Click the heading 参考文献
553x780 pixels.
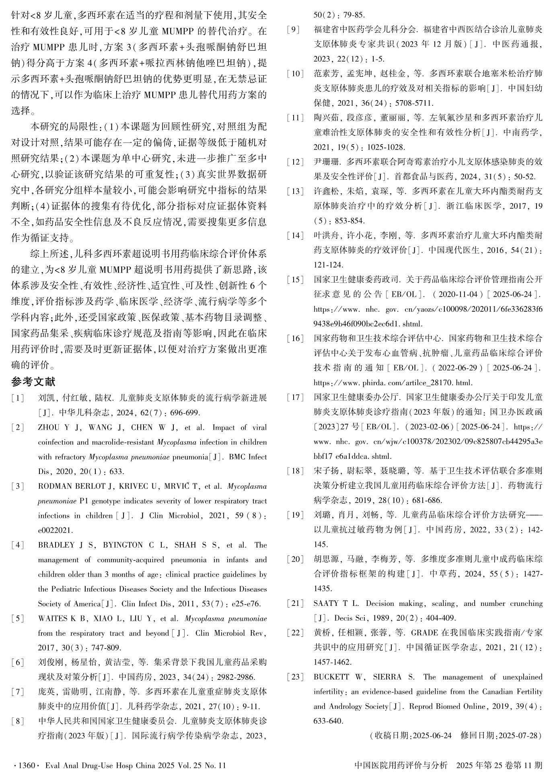33,382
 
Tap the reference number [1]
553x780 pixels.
18,398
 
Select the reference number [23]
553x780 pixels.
295,677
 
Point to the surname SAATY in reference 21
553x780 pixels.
326,603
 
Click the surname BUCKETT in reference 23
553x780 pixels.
331,677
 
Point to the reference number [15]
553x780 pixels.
295,279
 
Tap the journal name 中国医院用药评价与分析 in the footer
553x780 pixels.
401,766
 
